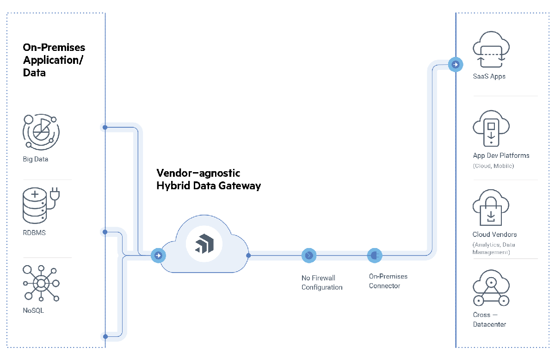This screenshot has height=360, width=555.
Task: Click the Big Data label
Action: (36, 159)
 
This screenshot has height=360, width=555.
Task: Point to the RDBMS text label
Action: (34, 233)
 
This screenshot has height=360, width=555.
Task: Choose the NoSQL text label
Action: (33, 310)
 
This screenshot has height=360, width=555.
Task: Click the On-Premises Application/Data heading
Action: (54, 60)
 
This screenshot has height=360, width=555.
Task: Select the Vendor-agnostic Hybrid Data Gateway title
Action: (209, 180)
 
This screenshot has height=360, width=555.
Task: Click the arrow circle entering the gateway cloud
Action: (159, 255)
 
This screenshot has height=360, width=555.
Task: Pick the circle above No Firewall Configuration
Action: (308, 255)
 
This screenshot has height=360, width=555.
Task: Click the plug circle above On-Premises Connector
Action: (374, 255)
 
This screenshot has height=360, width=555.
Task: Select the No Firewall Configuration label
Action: (322, 282)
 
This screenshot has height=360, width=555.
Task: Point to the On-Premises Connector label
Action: (388, 281)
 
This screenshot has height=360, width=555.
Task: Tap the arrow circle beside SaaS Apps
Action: (455, 65)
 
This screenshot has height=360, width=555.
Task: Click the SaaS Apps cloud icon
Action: (491, 49)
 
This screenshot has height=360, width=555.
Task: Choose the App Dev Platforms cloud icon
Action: (491, 128)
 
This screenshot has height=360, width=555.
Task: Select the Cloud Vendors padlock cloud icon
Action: (491, 208)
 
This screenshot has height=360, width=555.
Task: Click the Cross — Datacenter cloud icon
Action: (491, 289)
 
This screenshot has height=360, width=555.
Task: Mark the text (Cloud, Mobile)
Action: (493, 166)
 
